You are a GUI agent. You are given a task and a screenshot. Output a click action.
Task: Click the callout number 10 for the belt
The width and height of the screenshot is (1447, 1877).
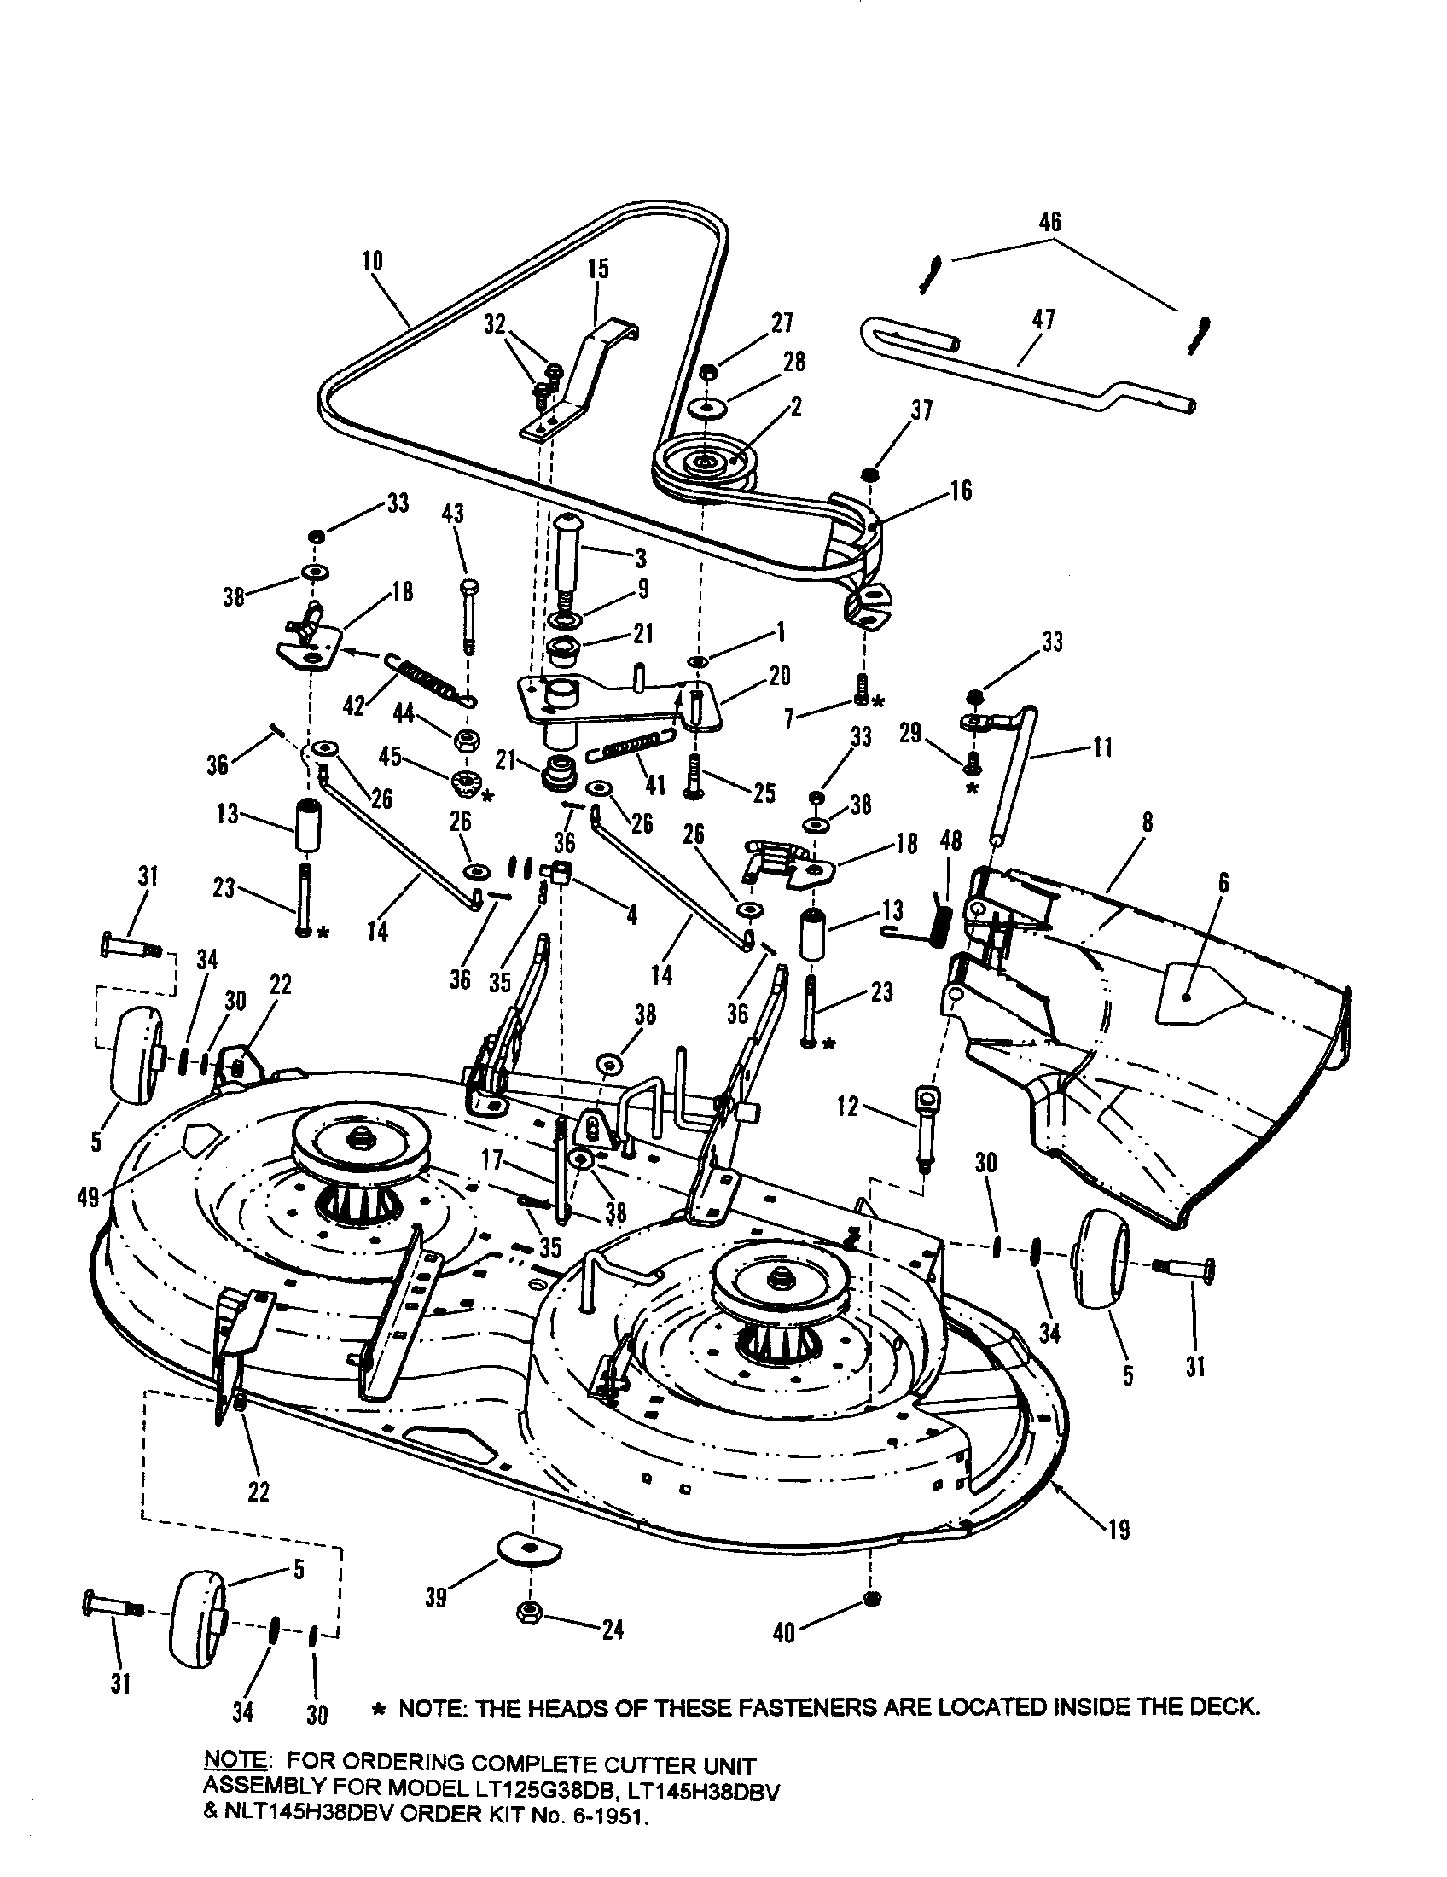(x=373, y=261)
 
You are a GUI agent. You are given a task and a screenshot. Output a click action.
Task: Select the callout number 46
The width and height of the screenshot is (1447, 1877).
(x=1050, y=222)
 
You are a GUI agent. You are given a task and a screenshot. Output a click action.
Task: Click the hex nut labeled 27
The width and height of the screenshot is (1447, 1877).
(x=708, y=371)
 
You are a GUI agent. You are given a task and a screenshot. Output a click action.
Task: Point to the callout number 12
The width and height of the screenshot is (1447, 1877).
(x=848, y=1106)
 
